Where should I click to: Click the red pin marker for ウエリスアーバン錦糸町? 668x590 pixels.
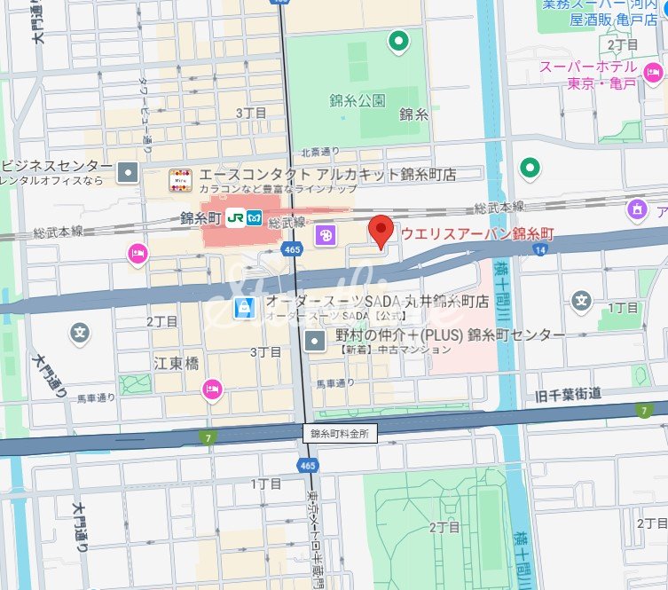point(381,231)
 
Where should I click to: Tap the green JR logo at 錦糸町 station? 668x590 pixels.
point(236,216)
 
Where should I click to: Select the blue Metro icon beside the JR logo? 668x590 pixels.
point(254,216)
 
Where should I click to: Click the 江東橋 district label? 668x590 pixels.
point(176,363)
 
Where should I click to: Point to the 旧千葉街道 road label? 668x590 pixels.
point(569,393)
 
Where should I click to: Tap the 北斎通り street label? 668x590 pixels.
point(321,152)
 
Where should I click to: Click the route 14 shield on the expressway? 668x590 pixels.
point(539,251)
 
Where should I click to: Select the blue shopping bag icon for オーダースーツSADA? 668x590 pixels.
point(245,308)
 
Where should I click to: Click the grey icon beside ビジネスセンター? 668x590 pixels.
point(130,172)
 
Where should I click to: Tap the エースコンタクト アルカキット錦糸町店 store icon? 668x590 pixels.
point(180,180)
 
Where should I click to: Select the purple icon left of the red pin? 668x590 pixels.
point(325,235)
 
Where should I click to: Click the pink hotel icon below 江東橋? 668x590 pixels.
point(211,389)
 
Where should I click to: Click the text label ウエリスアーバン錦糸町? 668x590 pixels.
point(477,233)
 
